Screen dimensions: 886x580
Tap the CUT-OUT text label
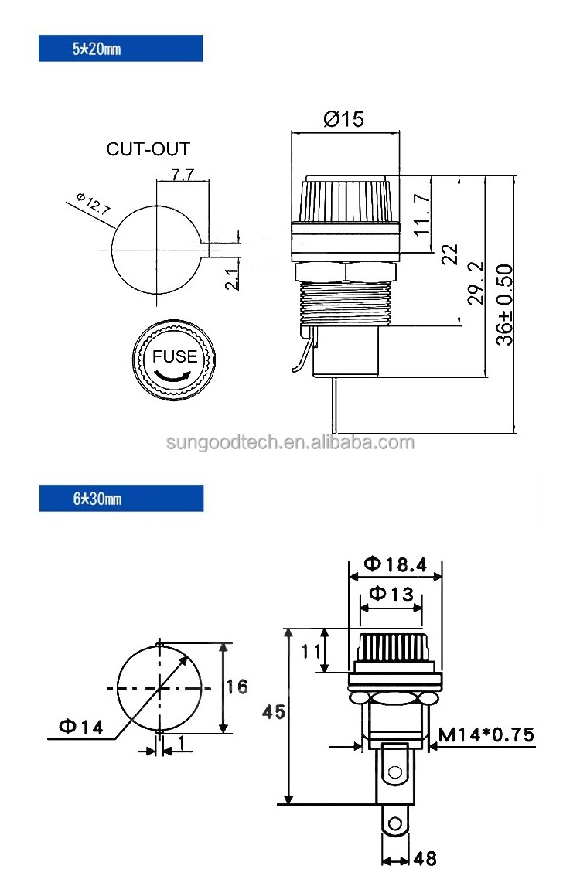pos(148,149)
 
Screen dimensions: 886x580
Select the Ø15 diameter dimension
pos(343,119)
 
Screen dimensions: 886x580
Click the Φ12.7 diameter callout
pos(93,206)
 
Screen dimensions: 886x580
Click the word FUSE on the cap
pos(174,356)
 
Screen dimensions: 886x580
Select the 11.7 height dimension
pos(421,213)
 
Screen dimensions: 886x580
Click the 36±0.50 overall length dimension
pos(504,305)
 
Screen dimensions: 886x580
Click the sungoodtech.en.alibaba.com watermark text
pos(291,443)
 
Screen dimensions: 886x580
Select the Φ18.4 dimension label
pos(395,564)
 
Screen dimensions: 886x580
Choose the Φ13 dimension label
pos(391,594)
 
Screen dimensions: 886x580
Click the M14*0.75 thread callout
pos(486,734)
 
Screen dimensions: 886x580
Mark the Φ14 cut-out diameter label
pos(80,727)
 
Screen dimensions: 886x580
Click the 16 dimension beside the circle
pos(237,687)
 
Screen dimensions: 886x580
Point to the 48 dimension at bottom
pos(425,858)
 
